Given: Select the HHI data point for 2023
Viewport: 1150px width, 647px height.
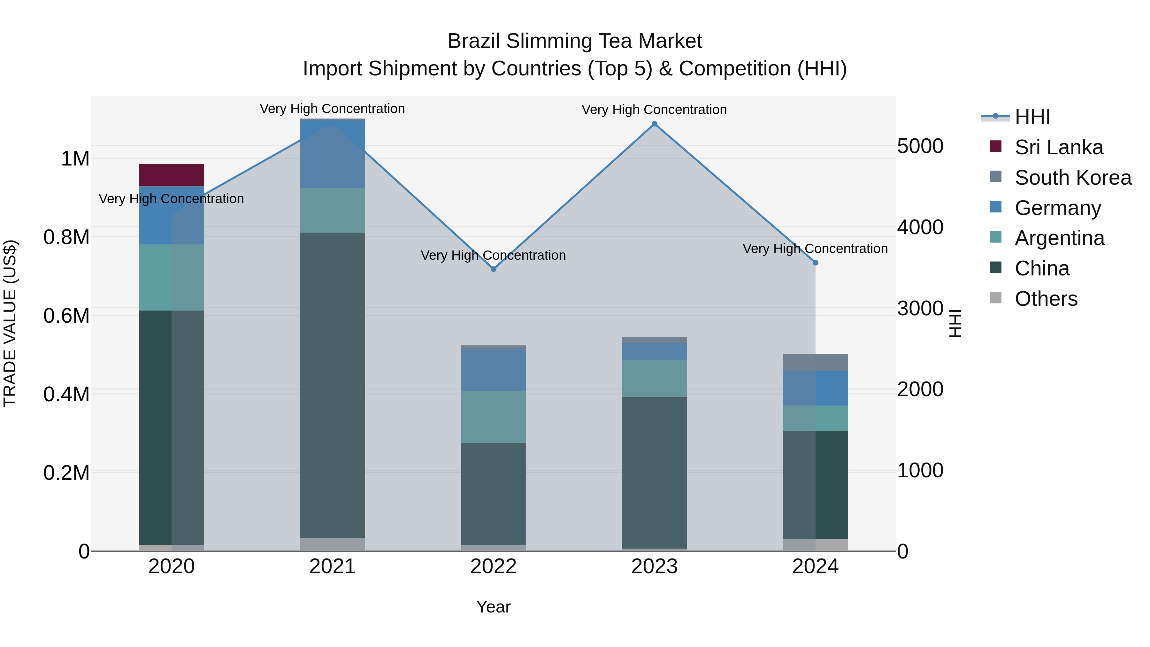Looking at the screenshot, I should point(655,124).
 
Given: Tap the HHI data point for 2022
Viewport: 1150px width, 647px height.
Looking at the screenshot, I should point(493,269).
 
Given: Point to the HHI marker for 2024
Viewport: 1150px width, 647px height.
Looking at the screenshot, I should point(815,263).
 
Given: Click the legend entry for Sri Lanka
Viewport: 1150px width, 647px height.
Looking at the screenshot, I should point(1059,147).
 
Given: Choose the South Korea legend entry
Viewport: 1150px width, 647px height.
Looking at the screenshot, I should point(1073,178).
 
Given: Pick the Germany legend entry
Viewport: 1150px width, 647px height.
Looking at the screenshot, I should point(1058,208).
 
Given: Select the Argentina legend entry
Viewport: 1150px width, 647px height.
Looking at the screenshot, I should point(1059,238).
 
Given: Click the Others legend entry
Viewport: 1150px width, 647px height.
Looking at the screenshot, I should point(1046,299).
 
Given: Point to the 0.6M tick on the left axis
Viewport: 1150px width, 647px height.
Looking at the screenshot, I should point(66,316).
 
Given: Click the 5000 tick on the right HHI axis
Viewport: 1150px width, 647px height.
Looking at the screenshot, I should point(920,146).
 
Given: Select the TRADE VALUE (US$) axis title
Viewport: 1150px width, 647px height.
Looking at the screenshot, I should point(10,323).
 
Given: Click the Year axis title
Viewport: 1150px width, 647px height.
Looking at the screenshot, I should point(493,607).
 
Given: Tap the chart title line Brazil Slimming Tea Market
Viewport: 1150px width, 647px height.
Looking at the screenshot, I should point(575,41).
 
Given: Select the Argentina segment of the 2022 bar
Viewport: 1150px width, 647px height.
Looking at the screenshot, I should point(493,417).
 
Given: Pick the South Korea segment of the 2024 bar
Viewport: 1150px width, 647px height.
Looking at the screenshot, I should point(815,363).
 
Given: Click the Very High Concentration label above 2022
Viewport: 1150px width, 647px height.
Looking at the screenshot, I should point(493,255).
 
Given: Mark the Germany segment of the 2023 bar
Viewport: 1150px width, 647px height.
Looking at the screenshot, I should point(655,351).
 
